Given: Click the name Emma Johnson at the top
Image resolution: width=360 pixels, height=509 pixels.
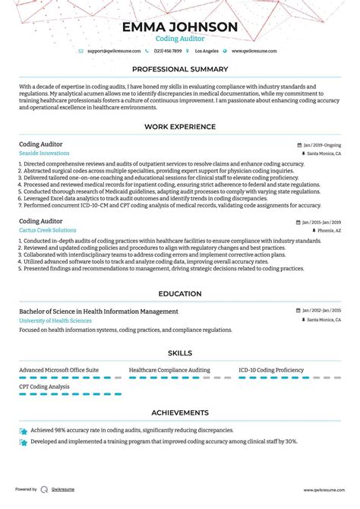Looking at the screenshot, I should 180,27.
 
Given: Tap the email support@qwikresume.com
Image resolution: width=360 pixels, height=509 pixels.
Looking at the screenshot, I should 114,51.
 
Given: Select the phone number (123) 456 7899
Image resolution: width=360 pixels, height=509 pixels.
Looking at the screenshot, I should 168,51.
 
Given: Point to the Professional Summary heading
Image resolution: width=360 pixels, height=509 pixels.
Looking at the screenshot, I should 180,69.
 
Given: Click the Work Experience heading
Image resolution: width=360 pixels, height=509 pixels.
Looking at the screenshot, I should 180,127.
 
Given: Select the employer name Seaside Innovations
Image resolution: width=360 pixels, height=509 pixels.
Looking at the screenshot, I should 43,153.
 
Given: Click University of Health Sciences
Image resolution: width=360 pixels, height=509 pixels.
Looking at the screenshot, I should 55,321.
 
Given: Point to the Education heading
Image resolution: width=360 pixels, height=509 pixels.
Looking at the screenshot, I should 180,294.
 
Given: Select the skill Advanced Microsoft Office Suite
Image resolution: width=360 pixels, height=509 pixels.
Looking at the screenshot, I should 58,369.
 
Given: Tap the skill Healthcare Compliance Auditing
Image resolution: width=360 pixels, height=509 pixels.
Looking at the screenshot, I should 169,369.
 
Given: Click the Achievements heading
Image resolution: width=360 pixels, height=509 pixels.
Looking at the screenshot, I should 180,413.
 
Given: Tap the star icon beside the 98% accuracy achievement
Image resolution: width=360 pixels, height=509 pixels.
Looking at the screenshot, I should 24,431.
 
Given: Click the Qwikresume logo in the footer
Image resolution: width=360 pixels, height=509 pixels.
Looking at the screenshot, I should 45,490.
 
